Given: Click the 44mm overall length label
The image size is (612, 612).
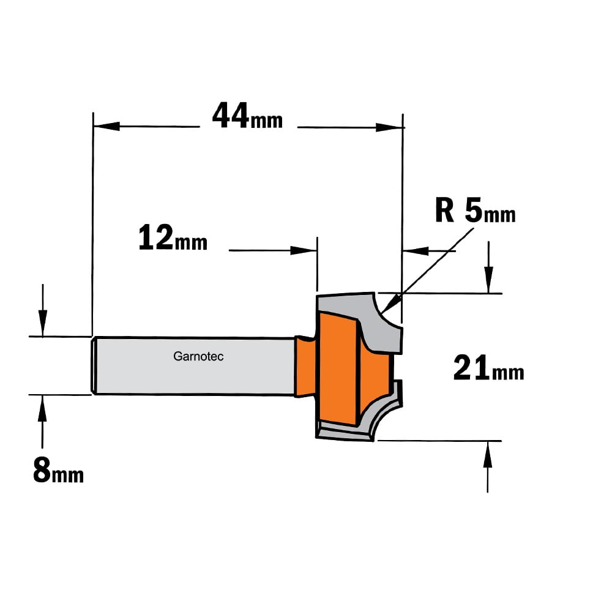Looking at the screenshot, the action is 247,116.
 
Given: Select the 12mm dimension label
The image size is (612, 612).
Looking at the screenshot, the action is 173,237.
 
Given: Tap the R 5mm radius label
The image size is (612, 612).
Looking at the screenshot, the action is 475,210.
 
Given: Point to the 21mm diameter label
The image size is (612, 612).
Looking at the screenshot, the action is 488,368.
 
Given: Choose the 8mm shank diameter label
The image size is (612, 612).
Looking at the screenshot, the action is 59,470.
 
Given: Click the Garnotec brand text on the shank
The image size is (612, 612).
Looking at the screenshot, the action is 198,356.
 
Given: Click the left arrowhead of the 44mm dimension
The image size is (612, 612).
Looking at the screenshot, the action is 106,126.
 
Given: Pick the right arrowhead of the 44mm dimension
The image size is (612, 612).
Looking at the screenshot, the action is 389,127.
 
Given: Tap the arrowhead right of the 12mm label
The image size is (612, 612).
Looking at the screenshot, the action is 304,250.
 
